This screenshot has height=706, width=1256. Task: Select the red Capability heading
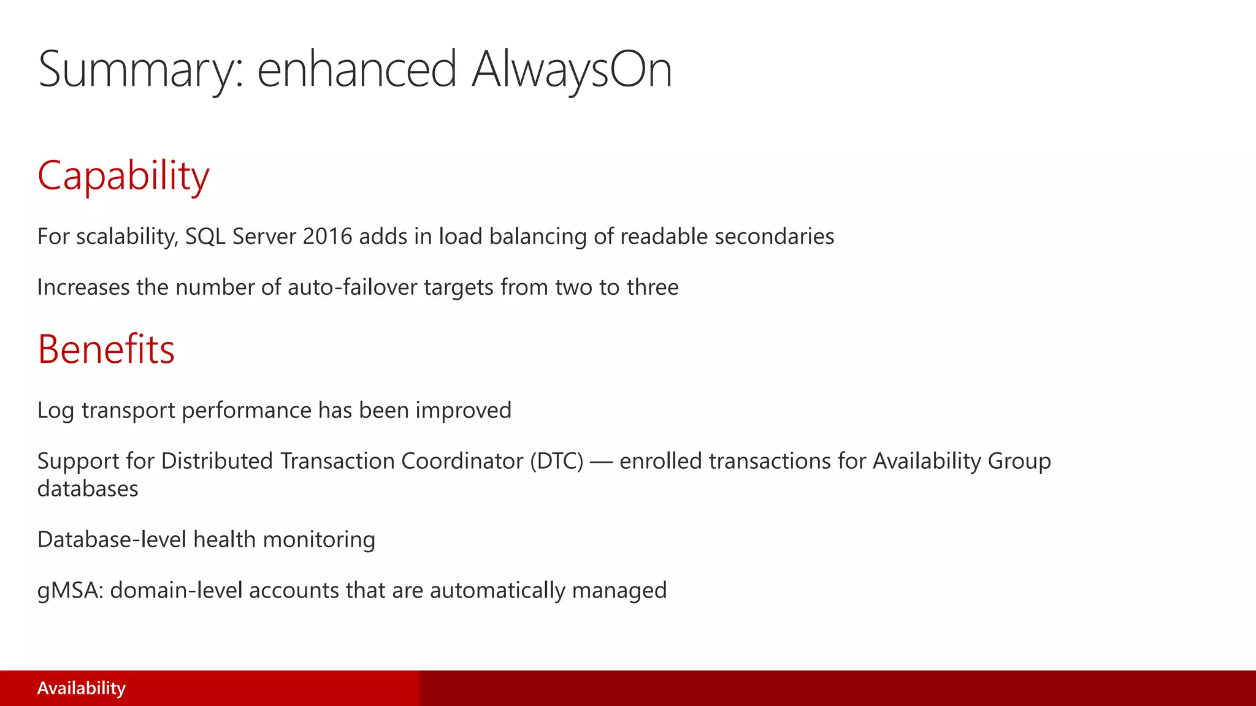point(123,176)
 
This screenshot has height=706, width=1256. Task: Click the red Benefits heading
point(106,349)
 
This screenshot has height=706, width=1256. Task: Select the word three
point(653,287)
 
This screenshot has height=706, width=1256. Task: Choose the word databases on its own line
point(88,489)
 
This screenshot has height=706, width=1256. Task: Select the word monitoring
point(319,540)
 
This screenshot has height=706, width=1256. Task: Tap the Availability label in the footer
point(81,688)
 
